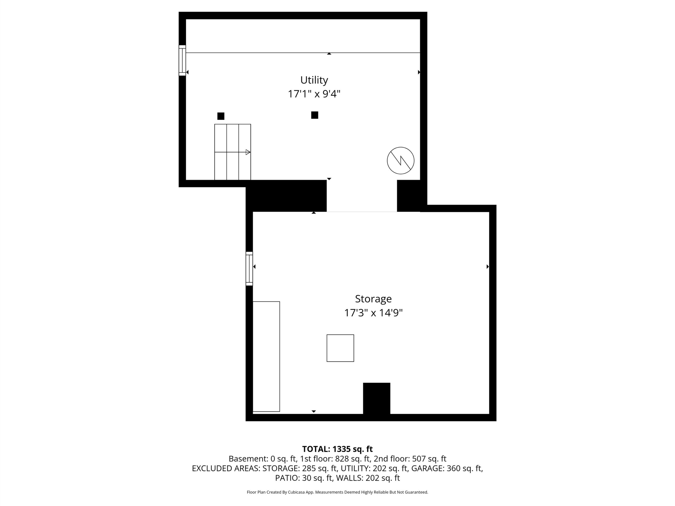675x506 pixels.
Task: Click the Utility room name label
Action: click(314, 80)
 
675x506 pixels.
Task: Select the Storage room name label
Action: click(373, 299)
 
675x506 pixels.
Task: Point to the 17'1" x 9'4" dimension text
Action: click(314, 94)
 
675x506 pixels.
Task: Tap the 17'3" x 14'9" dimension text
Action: click(373, 313)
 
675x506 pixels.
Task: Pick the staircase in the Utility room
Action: click(233, 152)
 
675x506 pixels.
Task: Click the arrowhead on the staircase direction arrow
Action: click(248, 152)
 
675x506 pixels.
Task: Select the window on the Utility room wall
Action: click(182, 60)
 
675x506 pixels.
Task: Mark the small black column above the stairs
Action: click(221, 116)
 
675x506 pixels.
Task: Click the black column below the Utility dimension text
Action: click(315, 115)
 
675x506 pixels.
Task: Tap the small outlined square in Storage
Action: click(340, 348)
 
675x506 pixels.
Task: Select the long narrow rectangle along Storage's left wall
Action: click(266, 357)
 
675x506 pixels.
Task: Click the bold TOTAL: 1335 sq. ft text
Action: click(337, 449)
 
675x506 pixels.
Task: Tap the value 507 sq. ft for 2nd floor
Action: click(429, 459)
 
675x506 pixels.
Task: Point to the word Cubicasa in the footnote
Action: click(296, 492)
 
